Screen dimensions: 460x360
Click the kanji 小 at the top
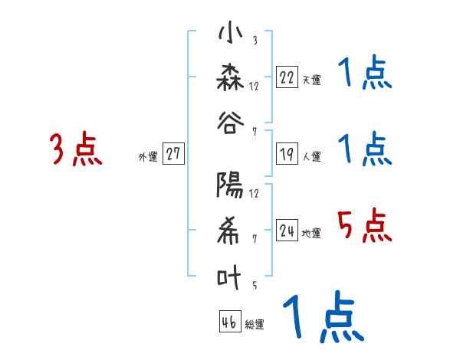tap(231, 34)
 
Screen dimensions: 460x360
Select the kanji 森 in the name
tap(231, 77)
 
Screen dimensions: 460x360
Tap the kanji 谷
tap(231, 123)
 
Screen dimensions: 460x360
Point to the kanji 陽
tap(231, 186)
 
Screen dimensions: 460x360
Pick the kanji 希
tap(231, 231)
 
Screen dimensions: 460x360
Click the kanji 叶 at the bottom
tap(231, 277)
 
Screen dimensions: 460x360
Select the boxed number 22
tap(287, 77)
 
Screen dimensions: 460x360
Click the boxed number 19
tap(287, 154)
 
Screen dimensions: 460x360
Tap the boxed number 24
tap(287, 230)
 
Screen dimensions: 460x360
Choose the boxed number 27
tap(172, 154)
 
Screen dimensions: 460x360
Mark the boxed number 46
tap(229, 322)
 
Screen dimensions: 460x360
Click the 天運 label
tap(311, 80)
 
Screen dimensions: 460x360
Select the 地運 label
tap(311, 233)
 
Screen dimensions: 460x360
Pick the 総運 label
tap(255, 325)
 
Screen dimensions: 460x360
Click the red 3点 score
tap(76, 149)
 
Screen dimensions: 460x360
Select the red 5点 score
tap(365, 225)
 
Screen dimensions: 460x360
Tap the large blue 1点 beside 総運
tap(323, 319)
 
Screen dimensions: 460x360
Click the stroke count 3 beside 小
tap(254, 41)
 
